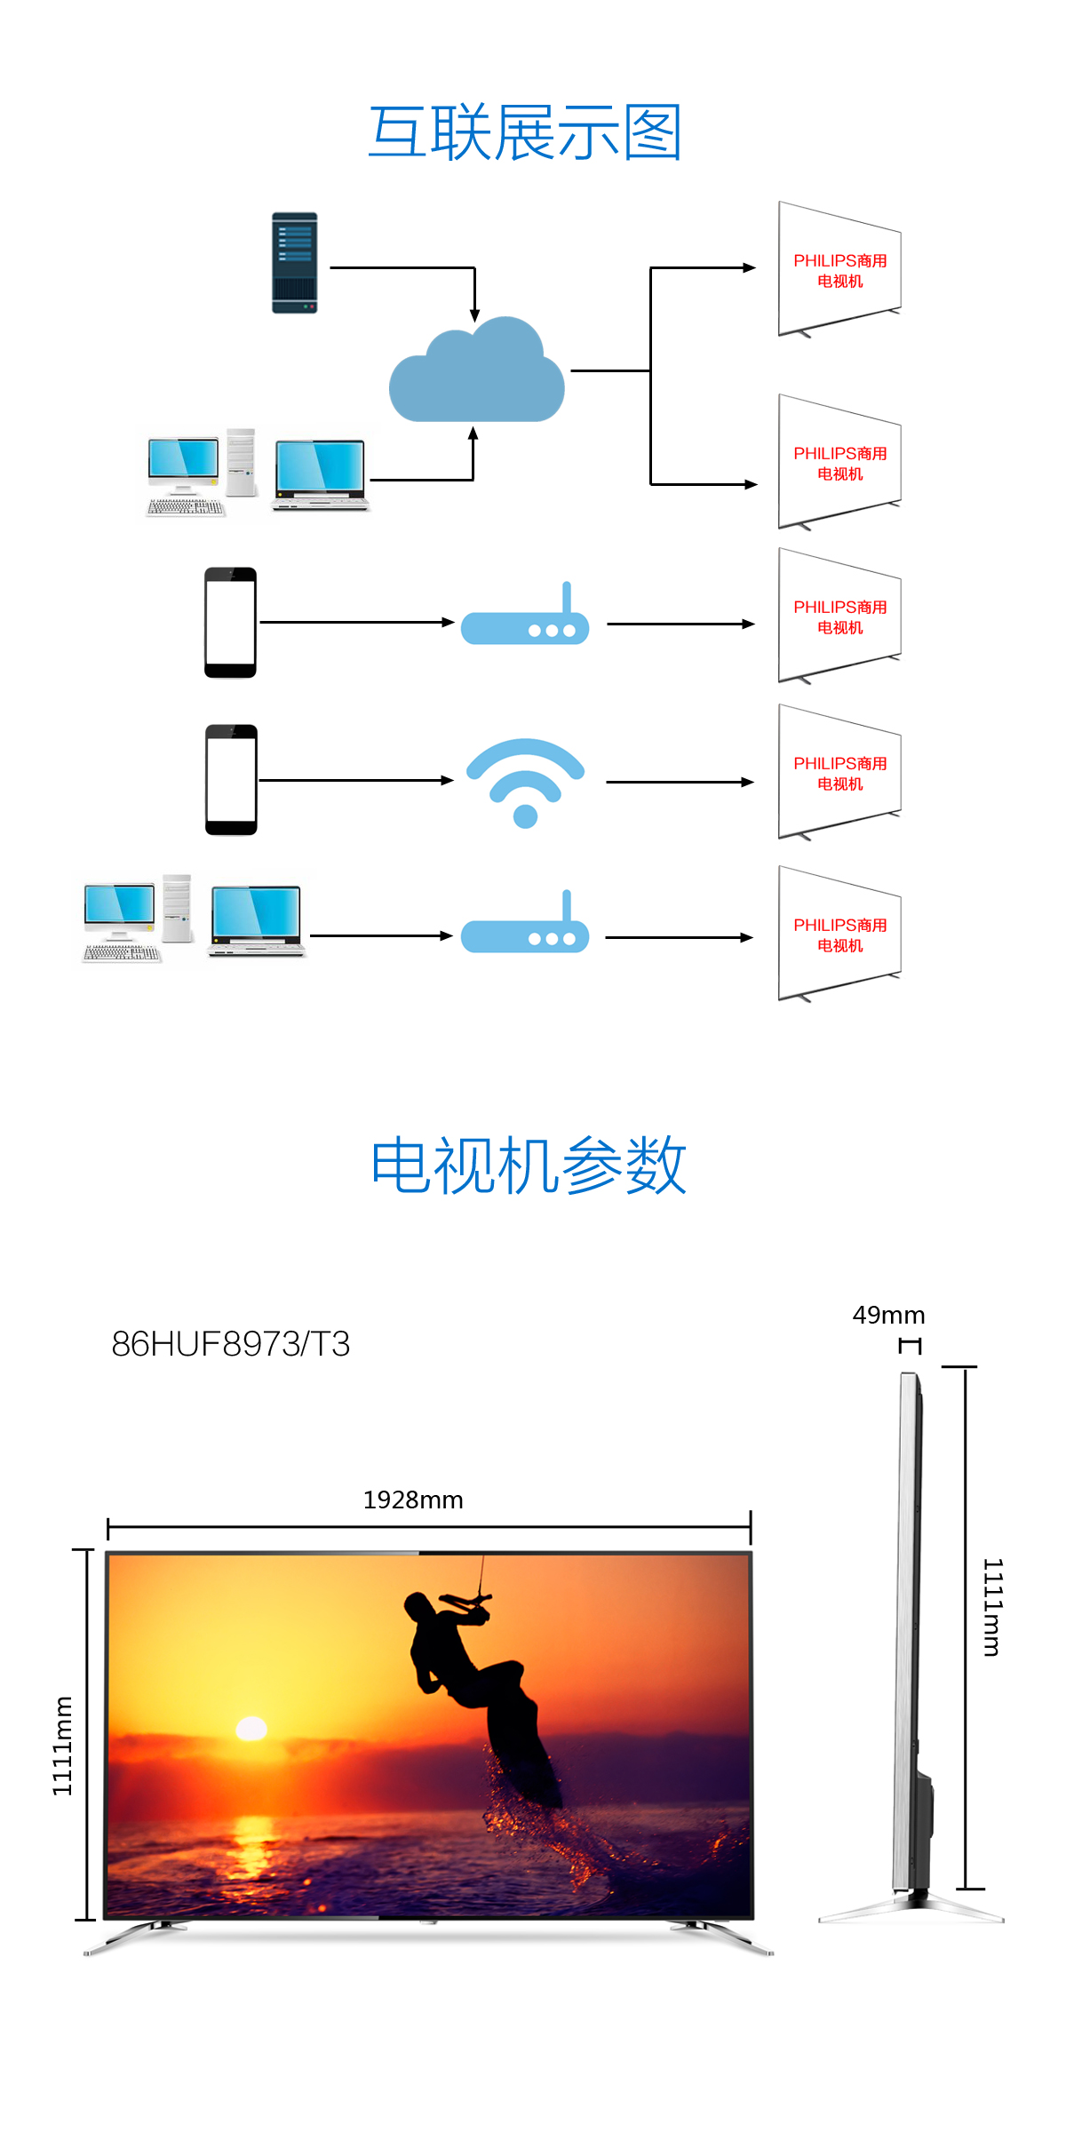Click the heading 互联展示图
(x=525, y=132)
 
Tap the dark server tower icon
(x=295, y=263)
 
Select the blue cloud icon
(x=477, y=370)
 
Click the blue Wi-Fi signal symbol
(x=526, y=783)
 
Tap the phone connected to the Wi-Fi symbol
(x=231, y=780)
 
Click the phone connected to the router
(x=231, y=623)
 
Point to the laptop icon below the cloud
(x=321, y=475)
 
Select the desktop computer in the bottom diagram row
(x=138, y=919)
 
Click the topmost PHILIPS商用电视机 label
(x=840, y=271)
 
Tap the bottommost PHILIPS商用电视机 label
(x=840, y=935)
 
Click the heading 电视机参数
(x=529, y=1165)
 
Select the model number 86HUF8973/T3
(x=231, y=1344)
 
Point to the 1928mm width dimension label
(x=413, y=1500)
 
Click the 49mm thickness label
(x=888, y=1315)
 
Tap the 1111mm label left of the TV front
(x=62, y=1746)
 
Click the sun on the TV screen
(x=251, y=1728)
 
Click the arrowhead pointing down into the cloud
(x=475, y=315)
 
